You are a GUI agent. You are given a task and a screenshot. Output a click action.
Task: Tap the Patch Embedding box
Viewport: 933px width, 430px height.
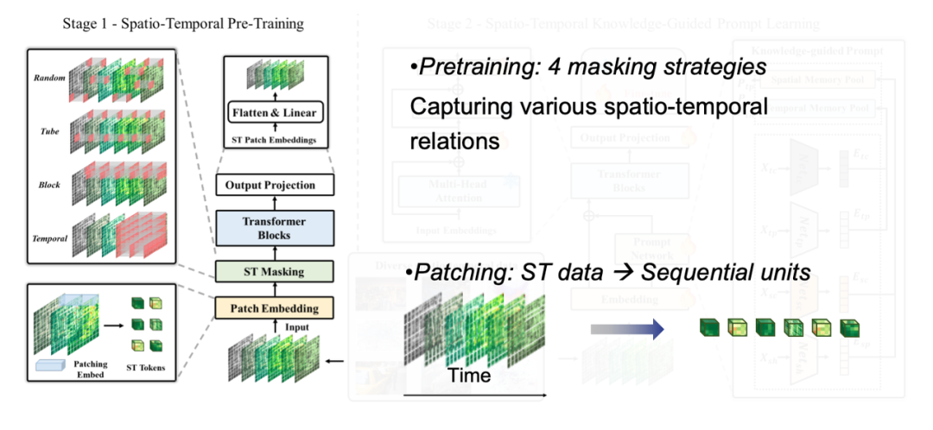(x=273, y=307)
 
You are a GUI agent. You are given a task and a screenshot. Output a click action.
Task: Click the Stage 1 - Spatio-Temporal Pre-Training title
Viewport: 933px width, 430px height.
(x=183, y=23)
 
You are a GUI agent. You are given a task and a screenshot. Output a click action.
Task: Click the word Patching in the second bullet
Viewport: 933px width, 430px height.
(x=454, y=274)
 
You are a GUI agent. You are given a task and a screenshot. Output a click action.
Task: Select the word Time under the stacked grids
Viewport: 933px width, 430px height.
(x=469, y=376)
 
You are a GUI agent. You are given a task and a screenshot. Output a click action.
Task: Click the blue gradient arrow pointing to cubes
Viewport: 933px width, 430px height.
(x=626, y=329)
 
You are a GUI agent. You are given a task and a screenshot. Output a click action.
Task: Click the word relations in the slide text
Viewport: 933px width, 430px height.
(x=454, y=140)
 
